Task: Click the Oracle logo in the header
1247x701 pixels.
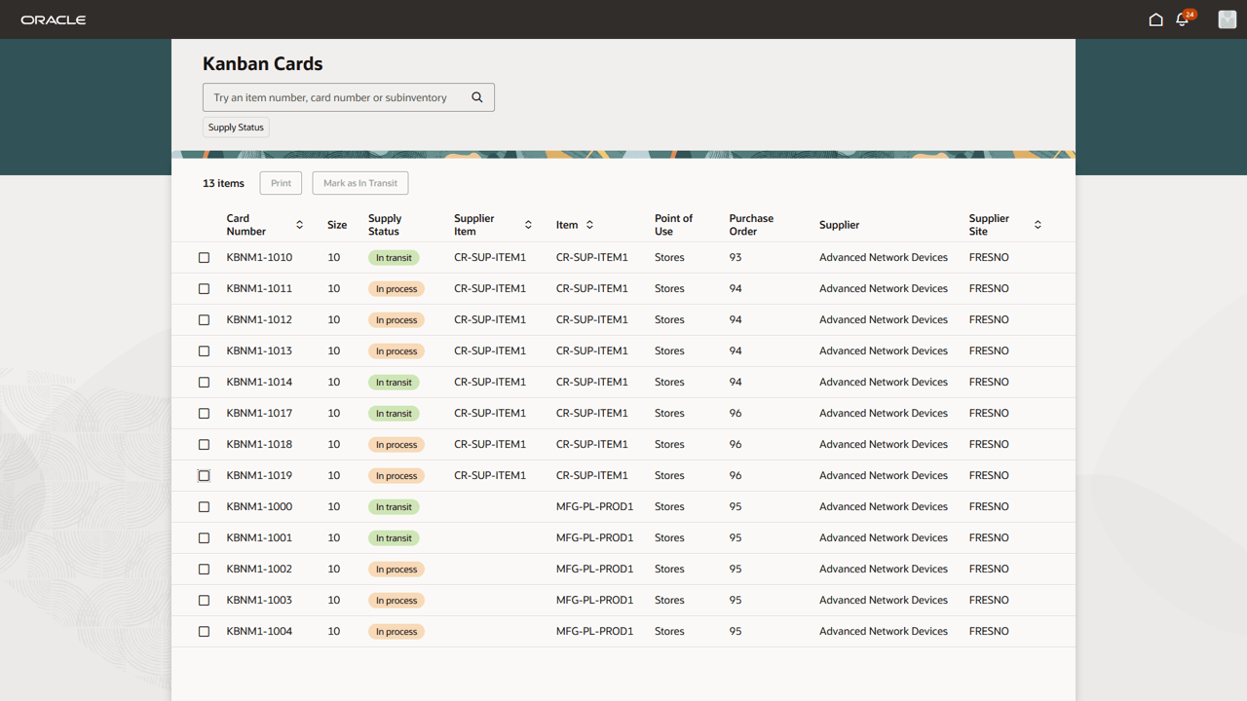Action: [x=54, y=19]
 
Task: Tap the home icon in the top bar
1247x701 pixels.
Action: [x=1155, y=19]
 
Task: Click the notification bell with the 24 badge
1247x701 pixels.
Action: [x=1183, y=19]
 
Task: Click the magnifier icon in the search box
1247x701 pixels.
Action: [x=477, y=97]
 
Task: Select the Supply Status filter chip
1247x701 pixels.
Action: [x=236, y=128]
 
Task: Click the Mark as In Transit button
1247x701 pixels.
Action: [x=360, y=183]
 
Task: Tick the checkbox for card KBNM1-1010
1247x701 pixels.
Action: [x=204, y=258]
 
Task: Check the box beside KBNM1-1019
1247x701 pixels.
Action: [x=204, y=476]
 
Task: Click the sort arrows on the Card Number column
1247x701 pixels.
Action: [x=299, y=225]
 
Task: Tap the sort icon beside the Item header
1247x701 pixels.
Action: [x=589, y=225]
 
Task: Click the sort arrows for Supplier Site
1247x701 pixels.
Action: [x=1038, y=225]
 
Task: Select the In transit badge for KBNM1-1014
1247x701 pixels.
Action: [x=394, y=383]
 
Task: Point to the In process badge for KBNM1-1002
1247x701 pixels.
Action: [x=397, y=570]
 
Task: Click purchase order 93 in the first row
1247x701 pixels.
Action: [x=736, y=258]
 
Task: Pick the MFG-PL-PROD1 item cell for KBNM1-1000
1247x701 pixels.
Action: [x=594, y=507]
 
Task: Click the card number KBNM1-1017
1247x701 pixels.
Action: [x=259, y=414]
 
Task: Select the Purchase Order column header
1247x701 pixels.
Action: [x=751, y=225]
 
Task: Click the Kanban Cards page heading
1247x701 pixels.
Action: [x=262, y=64]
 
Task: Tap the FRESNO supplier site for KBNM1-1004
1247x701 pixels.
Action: [x=989, y=632]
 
